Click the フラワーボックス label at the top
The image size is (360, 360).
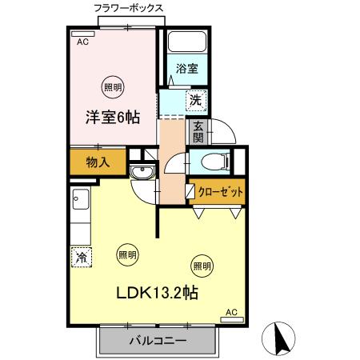[x=129, y=7]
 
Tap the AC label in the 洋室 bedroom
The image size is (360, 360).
[x=82, y=42]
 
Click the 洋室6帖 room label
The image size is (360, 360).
[x=113, y=118]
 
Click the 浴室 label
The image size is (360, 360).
[x=187, y=70]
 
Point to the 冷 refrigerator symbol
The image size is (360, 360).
[x=81, y=257]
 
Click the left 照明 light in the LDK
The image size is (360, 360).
[x=126, y=254]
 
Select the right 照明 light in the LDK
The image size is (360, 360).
[x=202, y=265]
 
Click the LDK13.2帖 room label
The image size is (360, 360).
[x=159, y=294]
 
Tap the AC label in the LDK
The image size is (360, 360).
[x=231, y=312]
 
